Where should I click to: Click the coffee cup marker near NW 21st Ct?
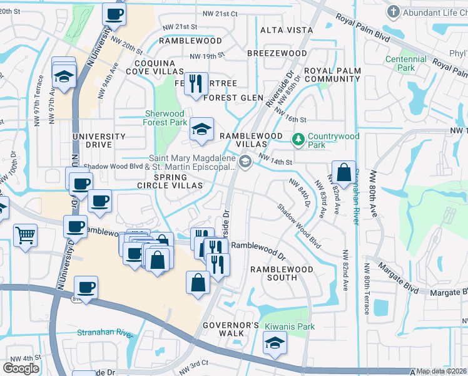click(x=113, y=14)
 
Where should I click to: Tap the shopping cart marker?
click(x=26, y=236)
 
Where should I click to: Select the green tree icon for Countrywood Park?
click(x=299, y=137)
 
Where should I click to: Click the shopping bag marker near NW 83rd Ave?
click(x=343, y=172)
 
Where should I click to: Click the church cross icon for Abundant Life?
click(x=393, y=11)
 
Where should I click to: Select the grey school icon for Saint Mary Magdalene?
click(x=246, y=162)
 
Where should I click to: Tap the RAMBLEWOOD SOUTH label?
click(x=282, y=273)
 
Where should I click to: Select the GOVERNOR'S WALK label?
click(x=231, y=329)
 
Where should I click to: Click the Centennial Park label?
click(x=406, y=63)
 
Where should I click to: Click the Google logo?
click(x=21, y=368)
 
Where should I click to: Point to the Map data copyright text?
click(x=442, y=371)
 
